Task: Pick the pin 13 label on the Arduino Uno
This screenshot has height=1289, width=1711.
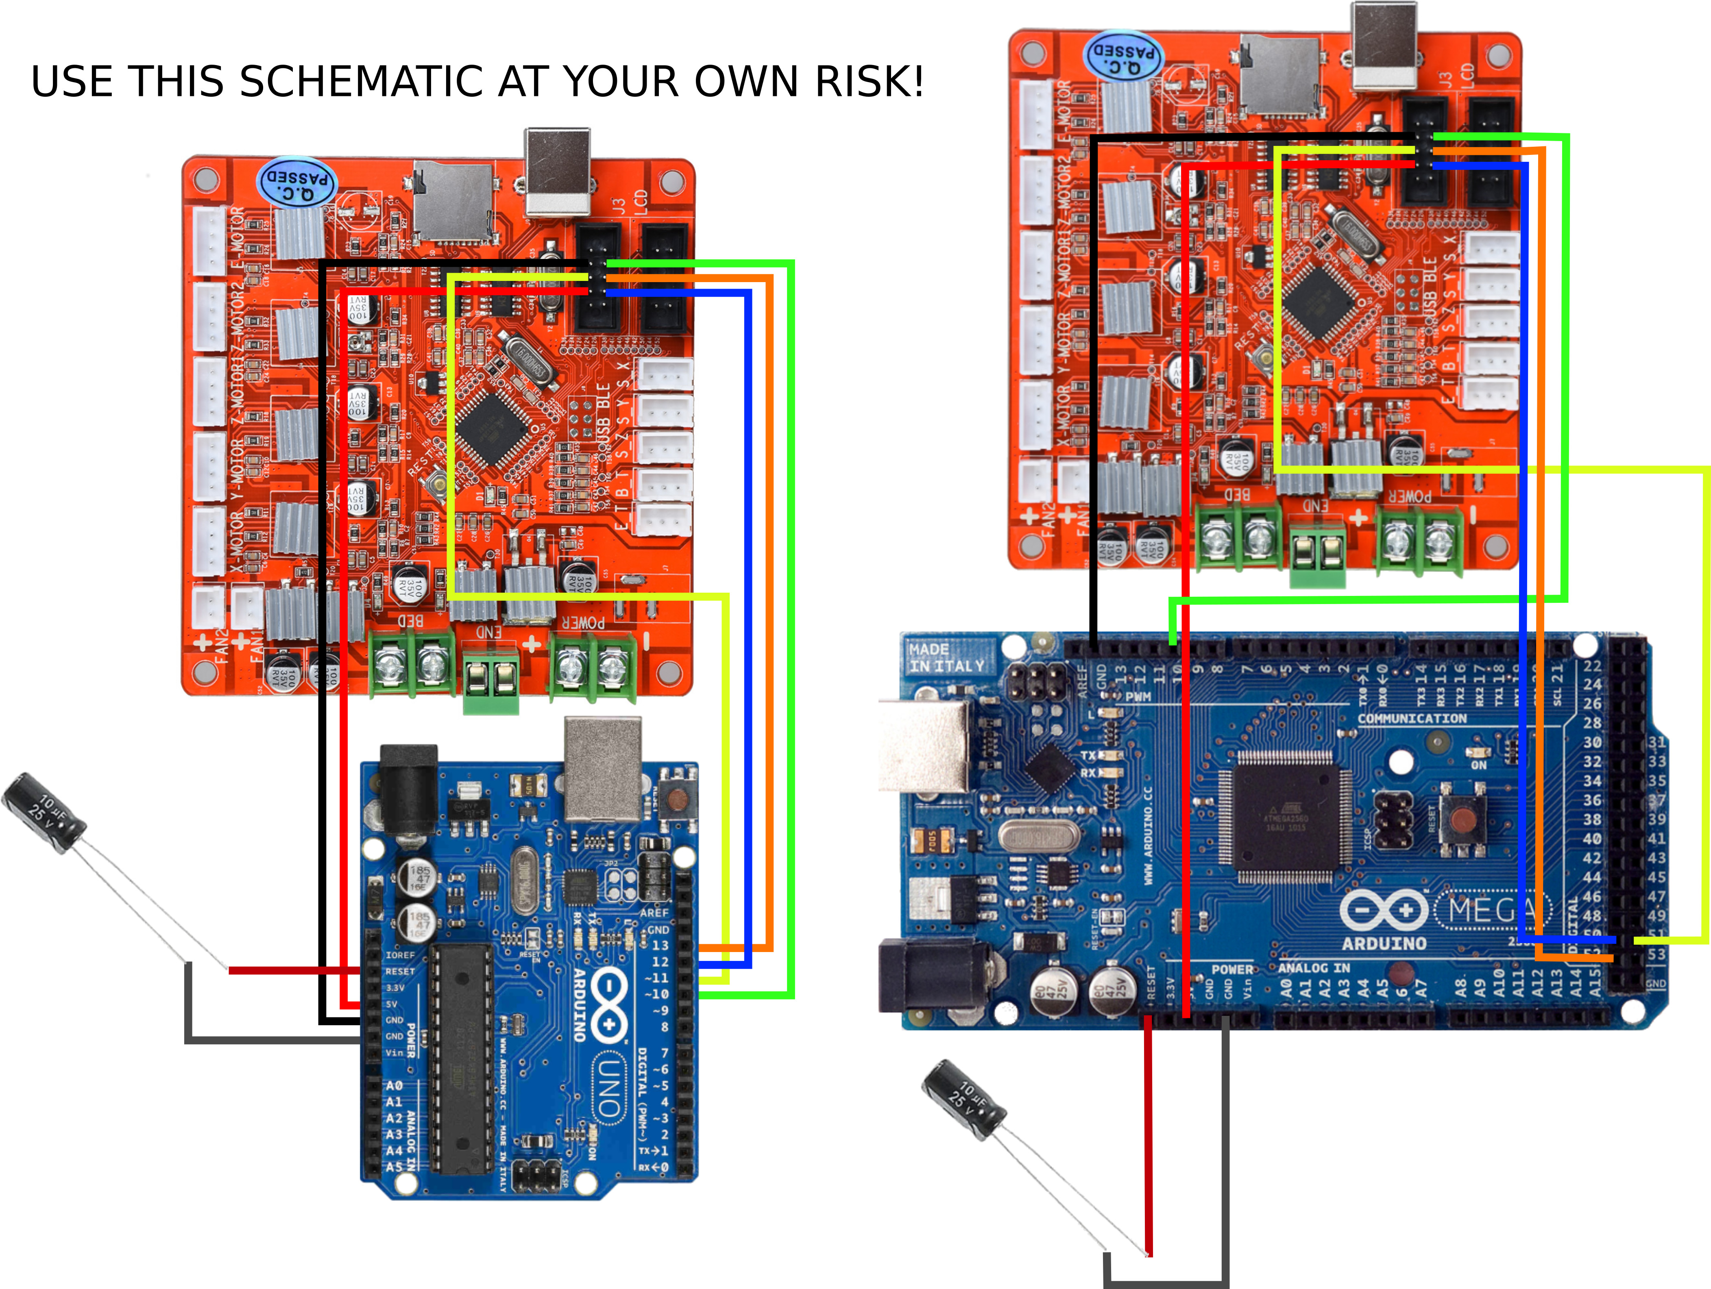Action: tap(660, 945)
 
